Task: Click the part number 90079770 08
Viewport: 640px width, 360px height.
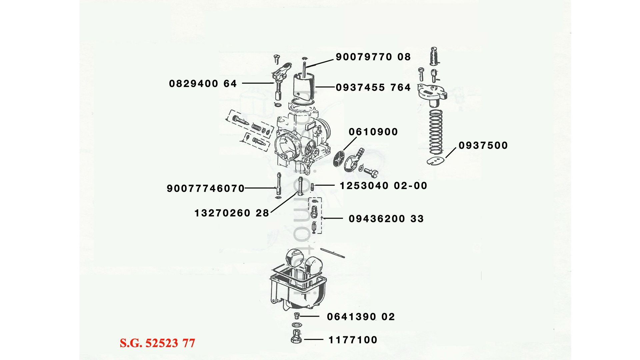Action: tap(373, 57)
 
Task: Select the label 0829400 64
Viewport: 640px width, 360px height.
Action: tap(203, 84)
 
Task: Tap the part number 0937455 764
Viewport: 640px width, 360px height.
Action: tap(373, 88)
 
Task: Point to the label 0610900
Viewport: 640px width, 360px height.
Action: tap(373, 132)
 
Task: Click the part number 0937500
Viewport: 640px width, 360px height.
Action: tap(483, 146)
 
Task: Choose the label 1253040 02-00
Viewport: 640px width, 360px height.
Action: tap(383, 186)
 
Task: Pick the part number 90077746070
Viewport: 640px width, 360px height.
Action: tap(206, 189)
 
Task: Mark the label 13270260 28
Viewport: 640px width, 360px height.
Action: tap(232, 213)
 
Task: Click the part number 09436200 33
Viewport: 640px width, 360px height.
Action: tap(386, 219)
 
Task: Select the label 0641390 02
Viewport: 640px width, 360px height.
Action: tap(361, 317)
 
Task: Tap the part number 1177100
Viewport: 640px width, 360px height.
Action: tap(353, 340)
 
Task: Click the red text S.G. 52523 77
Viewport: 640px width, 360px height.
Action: tap(157, 343)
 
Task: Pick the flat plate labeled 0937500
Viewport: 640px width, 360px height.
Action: tap(436, 161)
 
